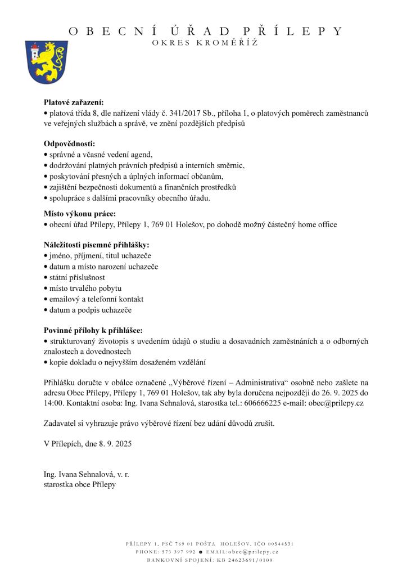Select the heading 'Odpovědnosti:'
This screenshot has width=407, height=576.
click(70, 143)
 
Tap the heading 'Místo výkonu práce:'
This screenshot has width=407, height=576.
click(80, 213)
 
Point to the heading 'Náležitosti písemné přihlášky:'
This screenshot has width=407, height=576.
click(97, 245)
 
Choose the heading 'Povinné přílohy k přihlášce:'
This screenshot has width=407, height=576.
click(93, 330)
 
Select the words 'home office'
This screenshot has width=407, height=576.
click(318, 224)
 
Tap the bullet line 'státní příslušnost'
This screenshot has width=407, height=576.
click(76, 277)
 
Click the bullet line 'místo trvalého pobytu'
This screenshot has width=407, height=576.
click(81, 288)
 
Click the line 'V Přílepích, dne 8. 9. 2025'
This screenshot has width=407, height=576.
click(88, 444)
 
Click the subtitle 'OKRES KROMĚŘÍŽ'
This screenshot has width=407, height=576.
click(205, 44)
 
